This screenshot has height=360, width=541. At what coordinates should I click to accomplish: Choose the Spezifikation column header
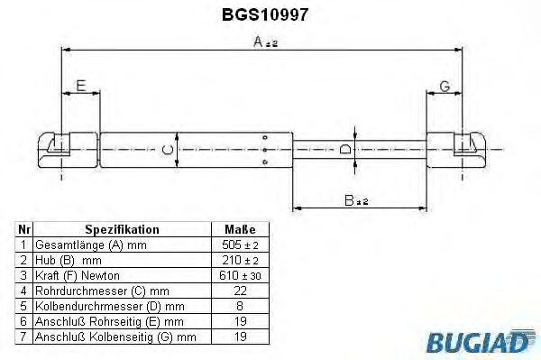click(122, 230)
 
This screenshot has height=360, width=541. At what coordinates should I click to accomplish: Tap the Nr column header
click(24, 230)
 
